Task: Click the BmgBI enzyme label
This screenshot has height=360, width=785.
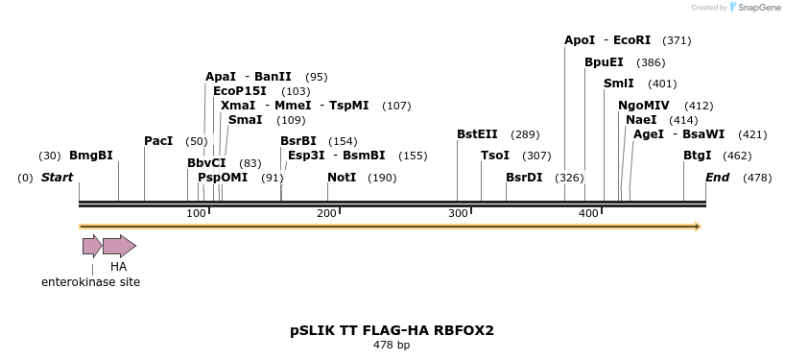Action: click(x=91, y=156)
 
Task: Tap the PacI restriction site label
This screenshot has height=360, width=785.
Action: click(x=158, y=141)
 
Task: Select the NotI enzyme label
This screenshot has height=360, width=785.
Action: click(x=342, y=178)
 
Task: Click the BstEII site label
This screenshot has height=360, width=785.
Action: click(x=477, y=135)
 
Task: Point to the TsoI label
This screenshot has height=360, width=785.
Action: click(x=495, y=156)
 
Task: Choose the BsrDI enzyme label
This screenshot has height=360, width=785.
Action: click(x=524, y=178)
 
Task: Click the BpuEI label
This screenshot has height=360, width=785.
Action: click(x=604, y=62)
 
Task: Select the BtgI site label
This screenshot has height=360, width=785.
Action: click(x=698, y=156)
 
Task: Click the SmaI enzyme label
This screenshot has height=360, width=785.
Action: click(x=246, y=120)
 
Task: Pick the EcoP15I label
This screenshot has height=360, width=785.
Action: click(x=240, y=91)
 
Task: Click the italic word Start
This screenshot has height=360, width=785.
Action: click(x=58, y=178)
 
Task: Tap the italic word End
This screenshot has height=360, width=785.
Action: click(x=718, y=178)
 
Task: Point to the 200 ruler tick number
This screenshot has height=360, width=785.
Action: click(x=326, y=213)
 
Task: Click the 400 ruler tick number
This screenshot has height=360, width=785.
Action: click(x=588, y=213)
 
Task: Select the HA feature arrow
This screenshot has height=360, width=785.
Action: click(x=119, y=246)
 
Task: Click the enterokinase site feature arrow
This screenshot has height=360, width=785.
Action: click(x=91, y=246)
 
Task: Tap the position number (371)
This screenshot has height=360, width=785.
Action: click(x=677, y=40)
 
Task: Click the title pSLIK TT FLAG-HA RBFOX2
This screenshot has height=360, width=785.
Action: click(x=392, y=330)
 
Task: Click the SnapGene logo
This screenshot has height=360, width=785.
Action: click(x=754, y=8)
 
